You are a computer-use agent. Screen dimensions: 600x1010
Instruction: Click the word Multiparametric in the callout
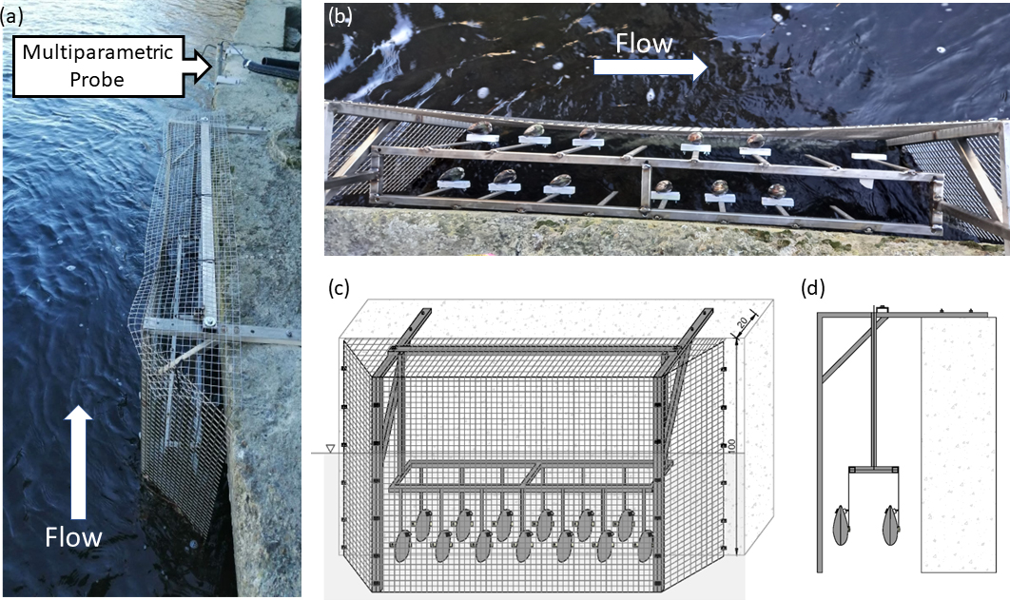[x=98, y=52]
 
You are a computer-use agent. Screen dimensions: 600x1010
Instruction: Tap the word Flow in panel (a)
[x=73, y=537]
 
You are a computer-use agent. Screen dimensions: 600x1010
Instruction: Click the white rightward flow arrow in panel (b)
[x=651, y=66]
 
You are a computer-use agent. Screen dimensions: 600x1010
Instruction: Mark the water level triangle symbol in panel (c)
[x=330, y=448]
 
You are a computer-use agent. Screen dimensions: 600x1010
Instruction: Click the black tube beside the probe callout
[x=271, y=67]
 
